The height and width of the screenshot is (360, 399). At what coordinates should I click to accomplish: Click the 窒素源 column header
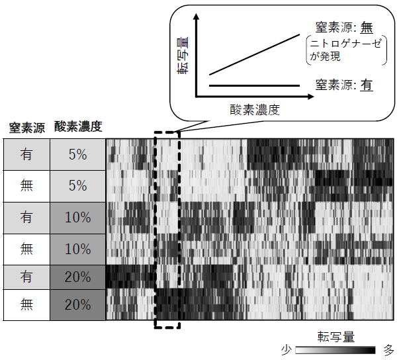27,127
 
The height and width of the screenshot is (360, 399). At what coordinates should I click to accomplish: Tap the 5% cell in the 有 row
77,155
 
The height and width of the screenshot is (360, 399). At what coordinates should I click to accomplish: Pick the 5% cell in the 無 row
77,186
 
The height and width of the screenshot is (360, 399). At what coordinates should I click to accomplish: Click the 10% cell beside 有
77,218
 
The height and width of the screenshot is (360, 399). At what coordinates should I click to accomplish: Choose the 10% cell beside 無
77,249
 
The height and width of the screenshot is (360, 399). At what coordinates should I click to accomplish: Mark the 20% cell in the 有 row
77,277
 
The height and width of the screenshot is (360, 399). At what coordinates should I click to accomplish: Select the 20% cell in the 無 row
77,306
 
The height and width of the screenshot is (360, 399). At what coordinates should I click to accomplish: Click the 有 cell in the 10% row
26,218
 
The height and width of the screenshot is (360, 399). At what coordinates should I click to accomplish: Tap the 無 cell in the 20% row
26,306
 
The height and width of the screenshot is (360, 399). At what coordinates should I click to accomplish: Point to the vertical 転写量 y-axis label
183,53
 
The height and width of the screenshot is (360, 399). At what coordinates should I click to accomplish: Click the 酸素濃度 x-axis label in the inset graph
255,111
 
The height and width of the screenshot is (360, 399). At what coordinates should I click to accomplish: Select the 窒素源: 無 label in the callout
343,28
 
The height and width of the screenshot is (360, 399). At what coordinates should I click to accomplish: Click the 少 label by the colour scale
287,349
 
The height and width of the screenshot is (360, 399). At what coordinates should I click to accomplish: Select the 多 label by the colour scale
388,349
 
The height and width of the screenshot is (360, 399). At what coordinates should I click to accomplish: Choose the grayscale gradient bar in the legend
335,349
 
